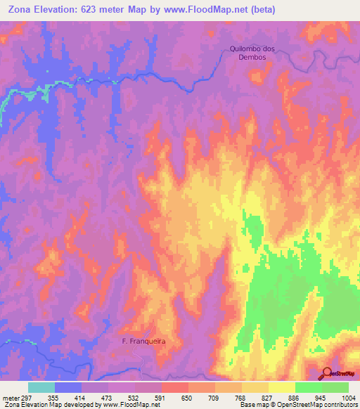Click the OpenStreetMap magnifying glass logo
click(x=327, y=374)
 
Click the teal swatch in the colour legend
click(x=41, y=387)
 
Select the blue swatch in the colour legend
click(x=68, y=387)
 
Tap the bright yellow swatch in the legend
click(x=281, y=387)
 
